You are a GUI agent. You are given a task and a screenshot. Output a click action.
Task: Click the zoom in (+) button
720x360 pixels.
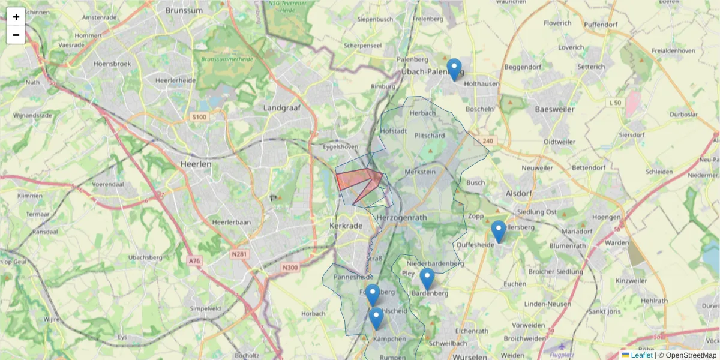(x=16, y=17)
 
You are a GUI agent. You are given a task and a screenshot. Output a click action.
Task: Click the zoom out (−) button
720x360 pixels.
(x=16, y=35)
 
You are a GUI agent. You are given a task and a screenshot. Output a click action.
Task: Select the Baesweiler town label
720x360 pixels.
(x=554, y=109)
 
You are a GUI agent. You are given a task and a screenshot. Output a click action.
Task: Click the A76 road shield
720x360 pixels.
(x=194, y=261)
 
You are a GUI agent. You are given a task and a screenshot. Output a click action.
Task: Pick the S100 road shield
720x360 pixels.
(x=199, y=116)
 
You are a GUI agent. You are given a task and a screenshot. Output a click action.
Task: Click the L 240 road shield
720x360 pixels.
(x=487, y=141)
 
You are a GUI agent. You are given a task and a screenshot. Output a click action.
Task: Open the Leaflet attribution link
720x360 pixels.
(x=641, y=355)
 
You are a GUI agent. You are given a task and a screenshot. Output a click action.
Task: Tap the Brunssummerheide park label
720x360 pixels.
(x=228, y=59)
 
